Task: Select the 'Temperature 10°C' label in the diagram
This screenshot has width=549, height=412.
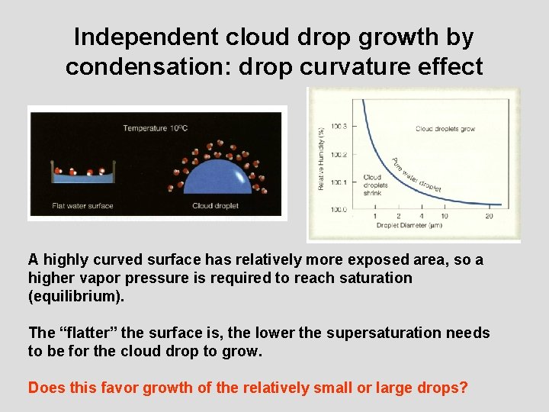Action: pyautogui.click(x=155, y=127)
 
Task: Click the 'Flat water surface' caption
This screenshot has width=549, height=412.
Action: pyautogui.click(x=82, y=206)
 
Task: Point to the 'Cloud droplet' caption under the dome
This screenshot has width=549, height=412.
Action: pyautogui.click(x=215, y=206)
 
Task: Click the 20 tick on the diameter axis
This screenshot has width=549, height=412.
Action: pyautogui.click(x=488, y=217)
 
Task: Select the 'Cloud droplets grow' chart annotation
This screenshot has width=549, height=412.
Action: pyautogui.click(x=445, y=129)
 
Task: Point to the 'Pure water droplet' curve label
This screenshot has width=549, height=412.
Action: pyautogui.click(x=416, y=175)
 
